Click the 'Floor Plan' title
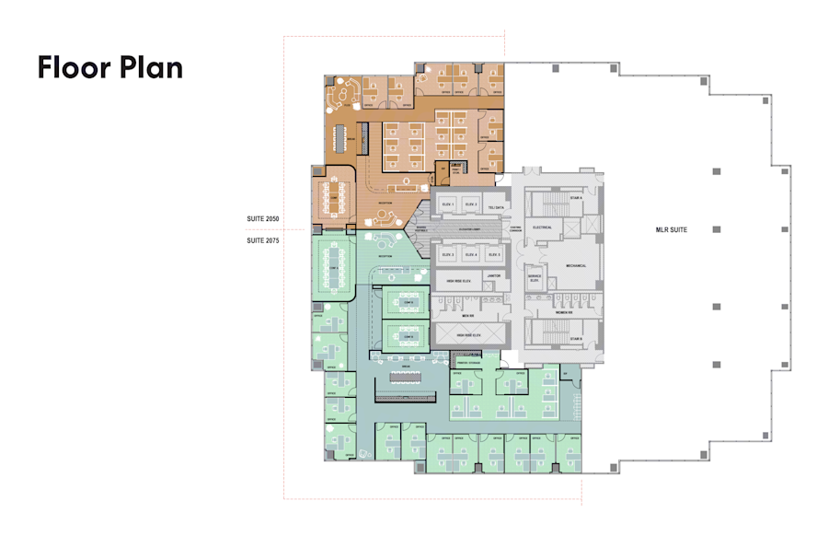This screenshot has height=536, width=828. coord(110,67)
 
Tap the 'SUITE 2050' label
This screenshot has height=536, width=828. coord(262,218)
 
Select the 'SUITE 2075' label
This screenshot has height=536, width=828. coord(262,240)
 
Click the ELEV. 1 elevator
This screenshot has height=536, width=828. coord(449,204)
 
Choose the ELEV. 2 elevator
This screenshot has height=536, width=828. coord(471,204)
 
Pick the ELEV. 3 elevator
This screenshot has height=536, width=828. coord(449,254)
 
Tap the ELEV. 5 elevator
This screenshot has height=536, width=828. coord(494,254)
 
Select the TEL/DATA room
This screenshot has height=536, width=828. coord(497,208)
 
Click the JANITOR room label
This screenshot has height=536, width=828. coord(493,275)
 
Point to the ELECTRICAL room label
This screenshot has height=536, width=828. coord(541,227)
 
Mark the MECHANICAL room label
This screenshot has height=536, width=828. coord(576,265)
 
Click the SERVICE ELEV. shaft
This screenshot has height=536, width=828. coord(533,277)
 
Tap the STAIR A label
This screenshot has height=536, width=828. coord(577,197)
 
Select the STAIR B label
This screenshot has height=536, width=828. coord(577,339)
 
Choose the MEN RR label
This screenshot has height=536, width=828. coord(466,316)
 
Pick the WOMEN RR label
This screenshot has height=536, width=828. coord(564,312)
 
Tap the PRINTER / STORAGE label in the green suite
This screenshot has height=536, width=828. coord(470,364)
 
